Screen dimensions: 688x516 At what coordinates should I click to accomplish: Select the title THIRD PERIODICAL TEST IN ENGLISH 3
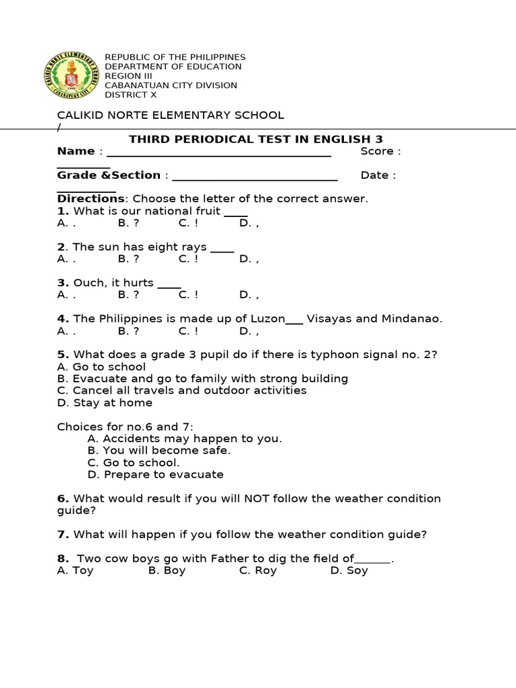255,139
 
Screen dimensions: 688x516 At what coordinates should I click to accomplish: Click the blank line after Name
219,153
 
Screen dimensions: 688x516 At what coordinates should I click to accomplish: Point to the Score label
380,151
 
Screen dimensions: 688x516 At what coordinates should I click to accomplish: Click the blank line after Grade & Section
255,177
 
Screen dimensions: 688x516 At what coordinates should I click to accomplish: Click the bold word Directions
91,199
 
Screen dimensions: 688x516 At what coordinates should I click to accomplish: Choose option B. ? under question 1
128,223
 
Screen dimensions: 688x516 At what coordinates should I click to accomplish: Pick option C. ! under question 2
189,259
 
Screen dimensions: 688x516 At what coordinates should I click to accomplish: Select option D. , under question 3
249,295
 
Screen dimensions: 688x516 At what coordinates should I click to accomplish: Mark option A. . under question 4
67,331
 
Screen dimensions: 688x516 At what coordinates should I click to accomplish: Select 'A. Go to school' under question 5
101,367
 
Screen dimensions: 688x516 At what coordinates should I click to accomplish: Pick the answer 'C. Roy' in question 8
258,571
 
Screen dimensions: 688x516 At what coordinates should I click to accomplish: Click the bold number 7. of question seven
63,535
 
